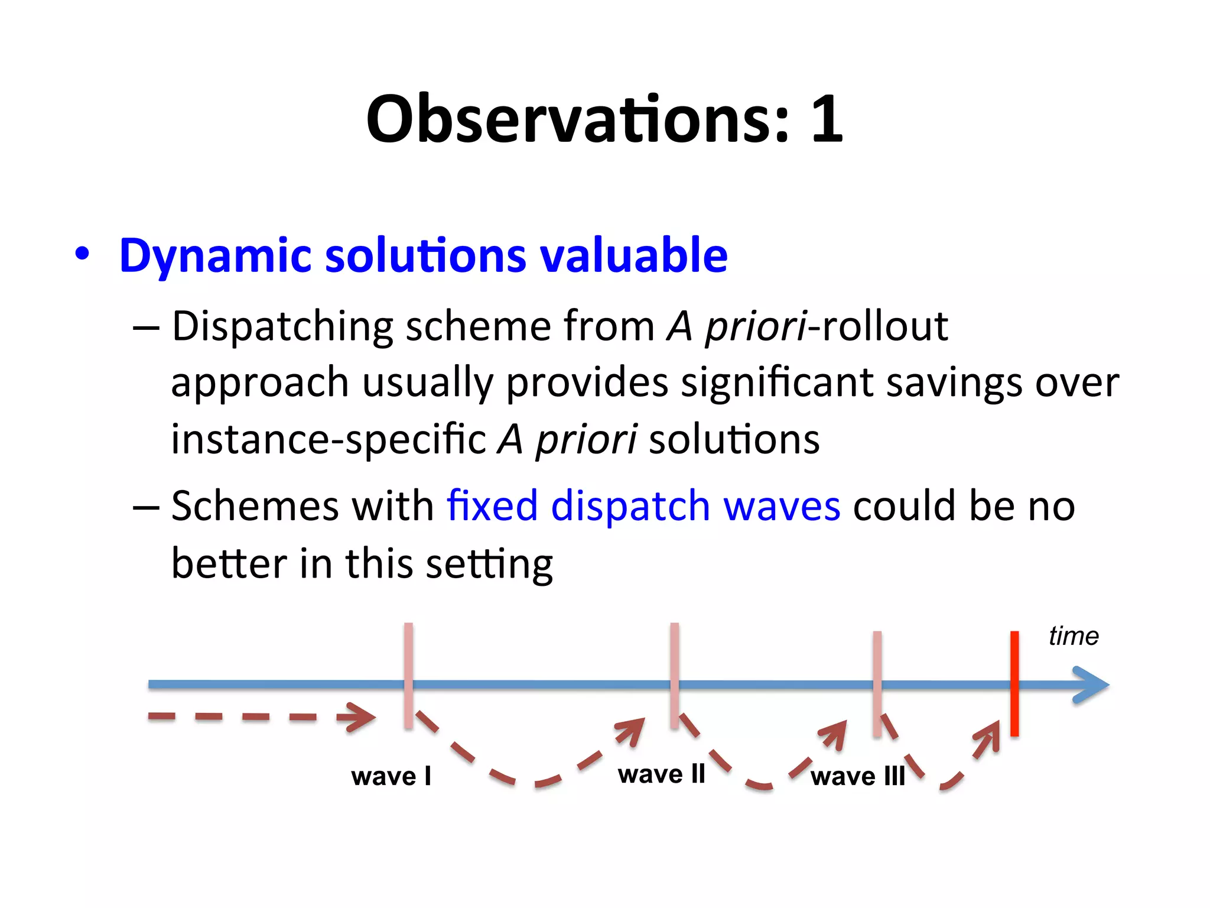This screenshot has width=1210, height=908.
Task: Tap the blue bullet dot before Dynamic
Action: tap(82, 254)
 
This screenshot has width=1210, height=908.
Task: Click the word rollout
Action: tap(884, 326)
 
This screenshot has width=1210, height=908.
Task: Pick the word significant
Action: tap(776, 382)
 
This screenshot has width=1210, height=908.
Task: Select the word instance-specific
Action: tap(328, 439)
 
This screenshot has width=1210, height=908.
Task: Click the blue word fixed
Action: tap(492, 506)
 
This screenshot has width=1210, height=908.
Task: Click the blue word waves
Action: tap(781, 506)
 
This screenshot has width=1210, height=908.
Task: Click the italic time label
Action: tap(1073, 637)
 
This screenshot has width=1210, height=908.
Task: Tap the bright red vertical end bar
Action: tap(1014, 684)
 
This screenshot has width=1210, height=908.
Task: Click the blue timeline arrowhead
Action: tap(1093, 685)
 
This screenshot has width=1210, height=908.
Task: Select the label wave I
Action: tap(391, 776)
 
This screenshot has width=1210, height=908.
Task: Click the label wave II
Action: tap(661, 774)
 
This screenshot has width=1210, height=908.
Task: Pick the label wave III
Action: tap(857, 776)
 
